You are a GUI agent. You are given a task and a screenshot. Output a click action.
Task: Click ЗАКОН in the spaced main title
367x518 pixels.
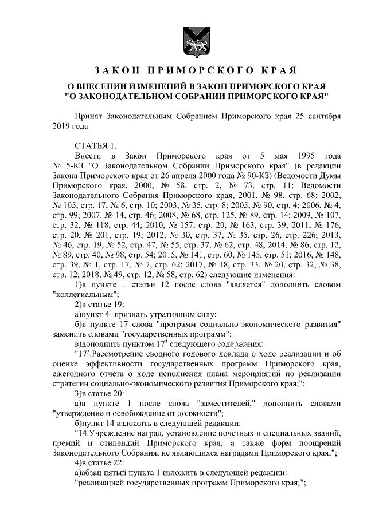click(x=118, y=70)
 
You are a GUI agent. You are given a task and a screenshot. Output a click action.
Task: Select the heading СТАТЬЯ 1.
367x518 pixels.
click(x=96, y=144)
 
